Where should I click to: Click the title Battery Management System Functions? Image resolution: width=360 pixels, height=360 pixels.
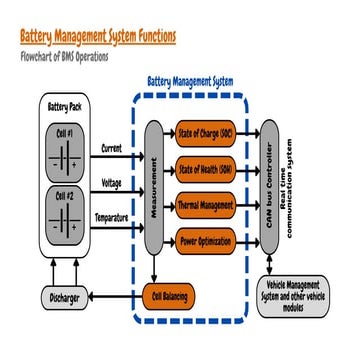(x=98, y=36)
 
